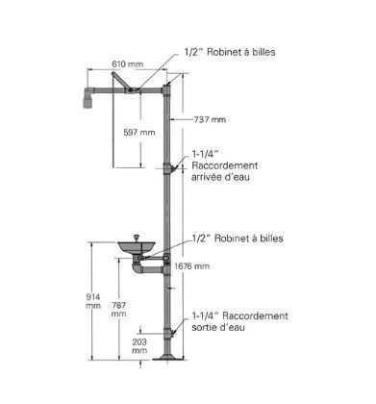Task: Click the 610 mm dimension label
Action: pos(127,64)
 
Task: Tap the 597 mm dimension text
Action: pos(139,132)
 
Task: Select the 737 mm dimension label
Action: pos(210,119)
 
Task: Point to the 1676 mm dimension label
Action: pos(192,266)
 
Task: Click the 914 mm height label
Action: pos(93,301)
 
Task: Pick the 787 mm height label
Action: pos(119,310)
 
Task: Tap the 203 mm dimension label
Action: pos(139,346)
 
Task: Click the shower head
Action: pos(88,98)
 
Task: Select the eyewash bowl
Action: pos(137,246)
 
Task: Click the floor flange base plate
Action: pos(167,358)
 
